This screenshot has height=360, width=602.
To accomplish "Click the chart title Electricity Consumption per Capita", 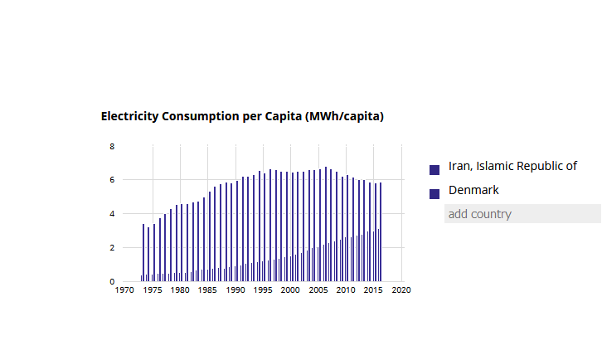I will pos(242,117).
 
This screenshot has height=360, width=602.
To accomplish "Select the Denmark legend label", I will pos(473,191).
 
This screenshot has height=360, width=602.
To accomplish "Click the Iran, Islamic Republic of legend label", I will pos(512,166).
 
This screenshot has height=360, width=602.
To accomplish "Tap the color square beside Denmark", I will pos(435,193).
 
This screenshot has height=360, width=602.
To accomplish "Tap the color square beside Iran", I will pos(435,169).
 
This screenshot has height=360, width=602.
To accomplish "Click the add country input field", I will pos(522,214).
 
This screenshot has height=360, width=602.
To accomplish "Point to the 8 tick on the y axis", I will pos(112,146).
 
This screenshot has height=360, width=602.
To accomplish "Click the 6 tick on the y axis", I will pos(112,180).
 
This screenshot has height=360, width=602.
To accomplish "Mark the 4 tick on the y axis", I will pos(112,214).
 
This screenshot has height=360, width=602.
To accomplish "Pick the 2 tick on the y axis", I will pos(112,248).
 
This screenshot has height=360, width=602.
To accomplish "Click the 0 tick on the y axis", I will pos(112,282).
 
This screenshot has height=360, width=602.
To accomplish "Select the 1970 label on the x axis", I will pos(124,290).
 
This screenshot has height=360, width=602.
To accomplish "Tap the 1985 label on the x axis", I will pos(208,290).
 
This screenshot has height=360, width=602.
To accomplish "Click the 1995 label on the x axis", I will pos(264,290).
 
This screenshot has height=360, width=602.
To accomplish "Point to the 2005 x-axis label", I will pos(318,290).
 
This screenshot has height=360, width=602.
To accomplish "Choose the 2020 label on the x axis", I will pos(402,290).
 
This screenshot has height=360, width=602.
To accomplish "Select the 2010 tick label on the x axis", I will pos(347,290).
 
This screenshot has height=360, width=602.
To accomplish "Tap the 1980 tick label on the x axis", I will pos(180,290).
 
